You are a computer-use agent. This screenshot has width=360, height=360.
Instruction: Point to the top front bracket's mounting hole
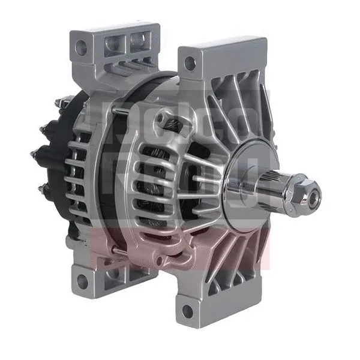(190, 61)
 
